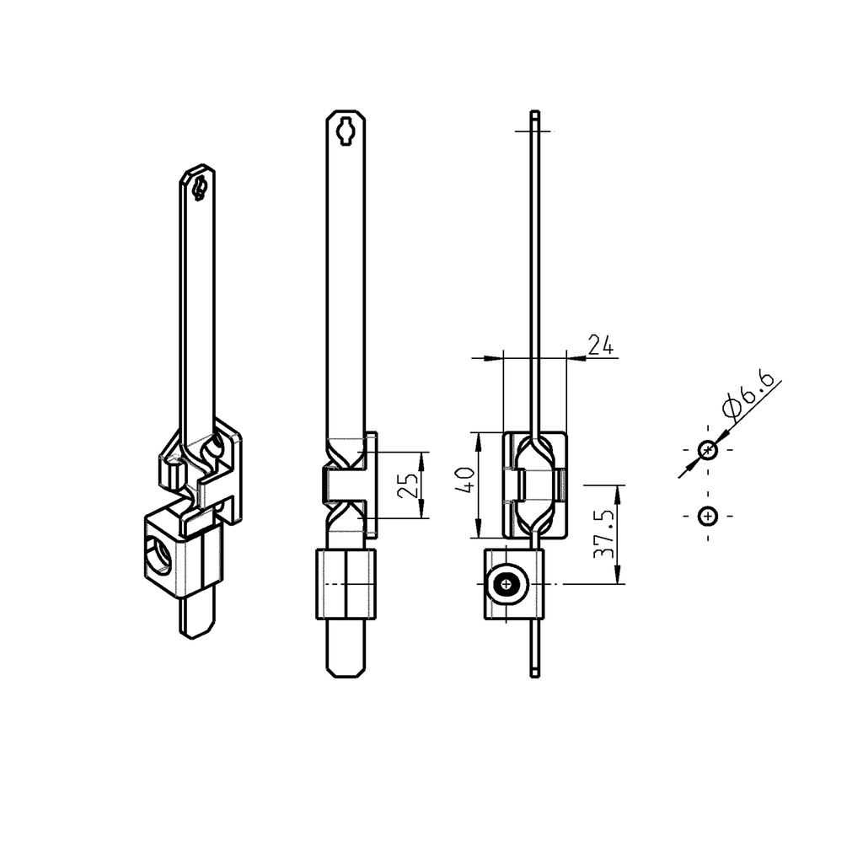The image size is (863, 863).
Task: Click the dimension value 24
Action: (599, 345)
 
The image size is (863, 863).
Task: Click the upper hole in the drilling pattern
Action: (708, 450)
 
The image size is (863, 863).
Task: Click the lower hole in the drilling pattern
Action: (708, 515)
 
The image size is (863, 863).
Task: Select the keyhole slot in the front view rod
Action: (346, 132)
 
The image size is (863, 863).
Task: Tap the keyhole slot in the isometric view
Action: (199, 187)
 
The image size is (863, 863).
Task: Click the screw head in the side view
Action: (507, 583)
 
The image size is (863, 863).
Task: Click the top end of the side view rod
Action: (534, 115)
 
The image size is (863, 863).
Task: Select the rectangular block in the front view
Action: (346, 583)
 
